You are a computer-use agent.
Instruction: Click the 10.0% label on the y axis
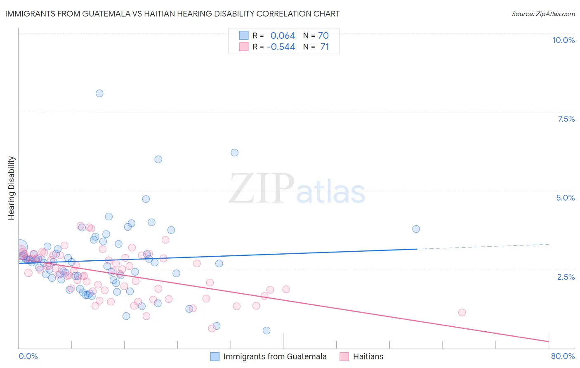563,40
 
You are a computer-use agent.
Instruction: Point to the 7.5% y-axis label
566,119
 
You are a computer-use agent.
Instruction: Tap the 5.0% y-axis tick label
565,198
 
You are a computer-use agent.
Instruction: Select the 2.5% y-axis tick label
566,277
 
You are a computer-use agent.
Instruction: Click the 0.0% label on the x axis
28,356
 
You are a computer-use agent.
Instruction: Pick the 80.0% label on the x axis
563,356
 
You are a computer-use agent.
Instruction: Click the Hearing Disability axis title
12,188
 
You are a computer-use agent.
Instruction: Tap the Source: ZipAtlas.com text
543,14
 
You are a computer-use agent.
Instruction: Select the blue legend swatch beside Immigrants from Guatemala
215,356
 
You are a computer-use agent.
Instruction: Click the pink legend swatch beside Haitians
344,356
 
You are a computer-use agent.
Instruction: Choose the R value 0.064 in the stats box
283,36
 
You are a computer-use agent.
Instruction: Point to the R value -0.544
281,47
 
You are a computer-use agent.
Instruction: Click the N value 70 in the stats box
323,36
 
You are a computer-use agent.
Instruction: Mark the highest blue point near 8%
99,93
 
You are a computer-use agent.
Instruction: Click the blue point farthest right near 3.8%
416,229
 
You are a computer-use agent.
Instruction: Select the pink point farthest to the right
462,312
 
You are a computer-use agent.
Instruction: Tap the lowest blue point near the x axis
266,330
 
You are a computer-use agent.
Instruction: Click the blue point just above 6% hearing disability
234,153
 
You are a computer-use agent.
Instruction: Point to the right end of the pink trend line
549,342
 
